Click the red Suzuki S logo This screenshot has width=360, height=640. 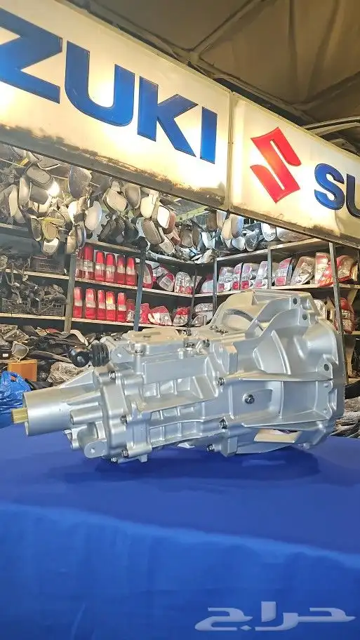276,165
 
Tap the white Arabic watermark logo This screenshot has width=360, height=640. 274,616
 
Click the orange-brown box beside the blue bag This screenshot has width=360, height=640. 23,369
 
